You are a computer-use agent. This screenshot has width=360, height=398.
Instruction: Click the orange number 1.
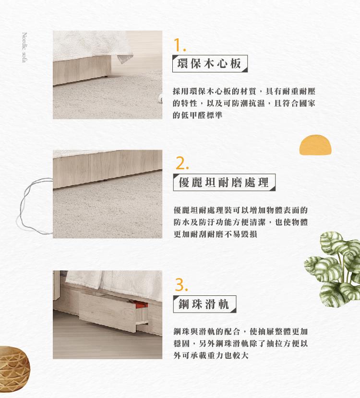pyautogui.click(x=180, y=45)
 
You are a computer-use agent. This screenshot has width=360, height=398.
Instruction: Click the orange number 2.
pyautogui.click(x=182, y=163)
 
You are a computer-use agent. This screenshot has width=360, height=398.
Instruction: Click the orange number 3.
pyautogui.click(x=181, y=285)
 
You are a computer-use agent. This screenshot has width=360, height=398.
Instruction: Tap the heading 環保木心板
pyautogui.click(x=210, y=63)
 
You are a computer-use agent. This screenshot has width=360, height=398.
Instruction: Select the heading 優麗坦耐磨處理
pyautogui.click(x=224, y=182)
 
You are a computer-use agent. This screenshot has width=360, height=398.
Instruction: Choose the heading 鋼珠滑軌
pyautogui.click(x=204, y=304)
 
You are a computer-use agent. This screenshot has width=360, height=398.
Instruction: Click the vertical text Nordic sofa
pyautogui.click(x=24, y=47)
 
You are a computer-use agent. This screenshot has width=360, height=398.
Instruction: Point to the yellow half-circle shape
pyautogui.click(x=315, y=145)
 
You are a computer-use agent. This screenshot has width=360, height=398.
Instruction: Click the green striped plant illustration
pyautogui.click(x=333, y=269)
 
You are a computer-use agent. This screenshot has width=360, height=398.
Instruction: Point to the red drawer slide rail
pyautogui.click(x=141, y=304)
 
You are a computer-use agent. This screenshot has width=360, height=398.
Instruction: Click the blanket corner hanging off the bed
pyautogui.click(x=124, y=59)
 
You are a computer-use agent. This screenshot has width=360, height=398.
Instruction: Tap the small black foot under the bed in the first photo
pyautogui.click(x=106, y=76)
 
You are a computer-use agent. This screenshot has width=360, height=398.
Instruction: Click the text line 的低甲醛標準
pyautogui.click(x=197, y=115)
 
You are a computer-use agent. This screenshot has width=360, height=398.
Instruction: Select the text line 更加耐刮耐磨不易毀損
pyautogui.click(x=215, y=234)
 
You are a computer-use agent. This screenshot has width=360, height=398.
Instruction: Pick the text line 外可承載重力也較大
pyautogui.click(x=211, y=355)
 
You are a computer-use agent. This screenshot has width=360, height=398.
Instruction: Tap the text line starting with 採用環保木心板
pyautogui.click(x=244, y=91)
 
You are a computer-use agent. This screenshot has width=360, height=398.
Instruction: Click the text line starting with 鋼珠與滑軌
pyautogui.click(x=240, y=331)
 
